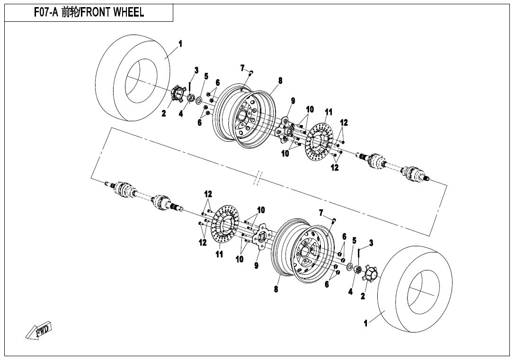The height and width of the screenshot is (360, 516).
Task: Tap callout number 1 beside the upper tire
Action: coord(180,44)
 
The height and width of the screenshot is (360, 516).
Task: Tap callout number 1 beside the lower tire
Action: coord(365,324)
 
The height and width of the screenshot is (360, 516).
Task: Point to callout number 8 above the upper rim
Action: coord(280,81)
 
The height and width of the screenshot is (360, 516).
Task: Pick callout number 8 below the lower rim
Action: coord(276,289)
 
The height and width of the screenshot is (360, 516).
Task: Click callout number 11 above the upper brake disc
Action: coord(329,112)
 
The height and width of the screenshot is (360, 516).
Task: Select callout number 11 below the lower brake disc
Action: coord(219,254)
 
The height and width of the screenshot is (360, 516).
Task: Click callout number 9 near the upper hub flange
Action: coord(293,100)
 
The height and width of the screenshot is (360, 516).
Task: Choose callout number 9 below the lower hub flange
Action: coord(256,266)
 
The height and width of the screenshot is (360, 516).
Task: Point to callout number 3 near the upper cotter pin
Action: coord(196,71)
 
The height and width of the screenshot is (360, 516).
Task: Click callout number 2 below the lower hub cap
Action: coord(363,297)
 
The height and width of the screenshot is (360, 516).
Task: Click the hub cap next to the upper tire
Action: coord(177,93)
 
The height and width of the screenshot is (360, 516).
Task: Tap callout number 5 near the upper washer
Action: coord(206,76)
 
